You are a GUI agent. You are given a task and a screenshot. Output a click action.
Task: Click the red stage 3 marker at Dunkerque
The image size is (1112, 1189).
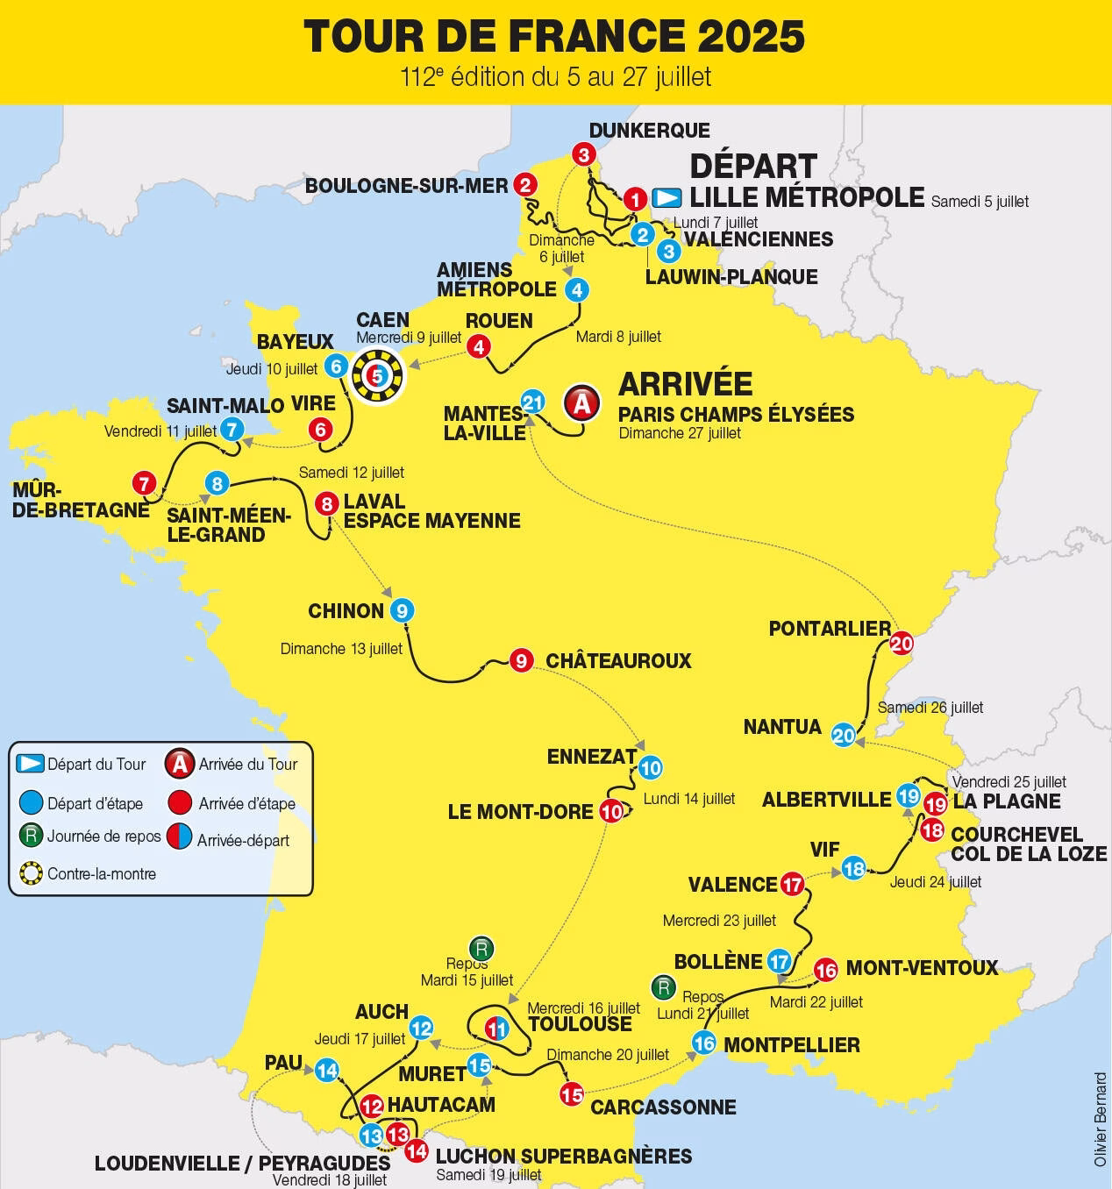point(583,155)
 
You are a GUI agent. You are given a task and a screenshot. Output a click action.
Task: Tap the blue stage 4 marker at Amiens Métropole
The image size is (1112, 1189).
point(576,289)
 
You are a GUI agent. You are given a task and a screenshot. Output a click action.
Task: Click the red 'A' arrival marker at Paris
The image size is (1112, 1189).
point(581,402)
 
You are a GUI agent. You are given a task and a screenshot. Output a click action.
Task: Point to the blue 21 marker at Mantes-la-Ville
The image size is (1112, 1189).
point(533,402)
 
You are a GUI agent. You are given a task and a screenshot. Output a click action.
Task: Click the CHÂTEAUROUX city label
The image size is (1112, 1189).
point(618,661)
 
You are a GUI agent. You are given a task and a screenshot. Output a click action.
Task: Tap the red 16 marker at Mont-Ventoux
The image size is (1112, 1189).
point(825,970)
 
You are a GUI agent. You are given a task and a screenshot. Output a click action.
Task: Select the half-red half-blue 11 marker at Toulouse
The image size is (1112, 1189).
point(497,1029)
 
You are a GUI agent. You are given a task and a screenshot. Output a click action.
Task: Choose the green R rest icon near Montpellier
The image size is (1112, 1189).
point(664,988)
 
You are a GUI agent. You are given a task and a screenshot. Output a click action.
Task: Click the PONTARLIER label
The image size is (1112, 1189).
point(829,629)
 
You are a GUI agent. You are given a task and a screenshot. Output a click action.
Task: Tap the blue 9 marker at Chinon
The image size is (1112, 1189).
point(402,610)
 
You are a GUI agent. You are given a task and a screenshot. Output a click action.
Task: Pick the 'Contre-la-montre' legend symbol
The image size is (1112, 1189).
point(32,873)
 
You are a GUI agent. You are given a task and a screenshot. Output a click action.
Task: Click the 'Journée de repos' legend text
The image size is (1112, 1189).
point(103,837)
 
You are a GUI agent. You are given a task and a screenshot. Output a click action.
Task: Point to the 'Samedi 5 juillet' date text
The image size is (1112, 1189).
point(980,202)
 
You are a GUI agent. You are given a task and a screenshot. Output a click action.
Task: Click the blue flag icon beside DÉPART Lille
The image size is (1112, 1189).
point(668,197)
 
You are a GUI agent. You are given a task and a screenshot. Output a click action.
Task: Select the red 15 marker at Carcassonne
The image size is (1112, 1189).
point(571,1094)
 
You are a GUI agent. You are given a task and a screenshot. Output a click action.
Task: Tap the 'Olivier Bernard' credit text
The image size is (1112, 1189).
point(1101,1119)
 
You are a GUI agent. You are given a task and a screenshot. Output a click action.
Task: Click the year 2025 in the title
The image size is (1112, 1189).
point(752,37)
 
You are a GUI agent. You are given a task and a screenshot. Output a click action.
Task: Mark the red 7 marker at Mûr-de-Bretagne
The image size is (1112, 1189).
point(144,483)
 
